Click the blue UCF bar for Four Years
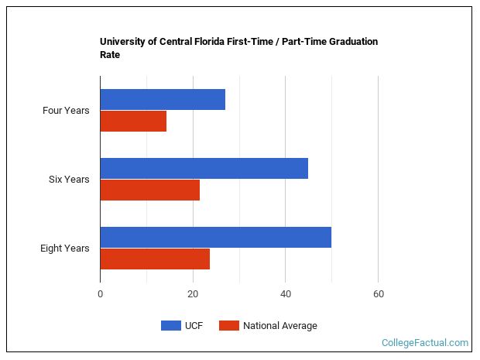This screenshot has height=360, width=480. (x=163, y=99)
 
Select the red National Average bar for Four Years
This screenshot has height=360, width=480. (x=133, y=122)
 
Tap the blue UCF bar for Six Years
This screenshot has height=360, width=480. (x=204, y=168)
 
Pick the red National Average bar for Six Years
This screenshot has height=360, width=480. (x=149, y=190)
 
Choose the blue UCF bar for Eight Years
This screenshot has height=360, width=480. (x=215, y=237)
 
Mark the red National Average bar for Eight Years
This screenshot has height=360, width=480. (x=155, y=259)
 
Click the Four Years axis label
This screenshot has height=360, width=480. (x=66, y=111)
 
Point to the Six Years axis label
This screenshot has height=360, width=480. (x=69, y=180)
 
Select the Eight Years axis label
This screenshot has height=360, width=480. (x=65, y=249)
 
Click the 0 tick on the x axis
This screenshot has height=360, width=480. (x=101, y=294)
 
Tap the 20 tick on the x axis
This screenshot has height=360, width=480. (x=193, y=294)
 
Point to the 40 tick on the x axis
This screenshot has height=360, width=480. (x=286, y=294)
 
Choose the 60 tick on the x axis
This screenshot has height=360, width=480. (x=378, y=294)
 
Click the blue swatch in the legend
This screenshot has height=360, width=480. (x=170, y=326)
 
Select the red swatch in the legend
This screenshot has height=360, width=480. (x=228, y=326)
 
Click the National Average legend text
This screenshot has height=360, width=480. (x=279, y=326)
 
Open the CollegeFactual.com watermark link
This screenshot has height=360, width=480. (x=425, y=342)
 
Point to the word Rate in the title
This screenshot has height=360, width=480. (x=110, y=55)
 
